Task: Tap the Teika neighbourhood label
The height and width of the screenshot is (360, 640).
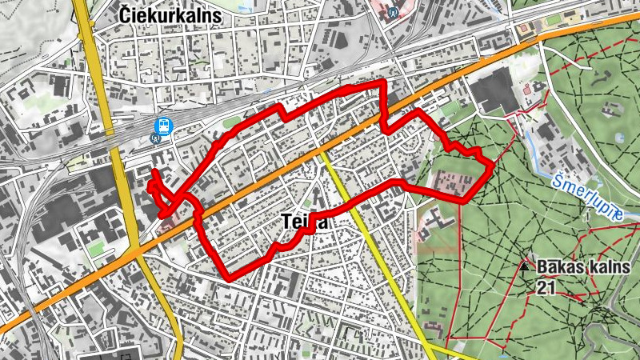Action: point(305,223)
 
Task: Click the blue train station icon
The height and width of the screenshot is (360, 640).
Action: point(164,126)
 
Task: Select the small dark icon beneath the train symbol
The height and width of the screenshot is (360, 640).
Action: point(156,138)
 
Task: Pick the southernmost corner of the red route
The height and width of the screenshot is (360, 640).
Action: point(230,279)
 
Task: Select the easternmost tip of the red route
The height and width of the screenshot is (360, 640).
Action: point(490,166)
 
